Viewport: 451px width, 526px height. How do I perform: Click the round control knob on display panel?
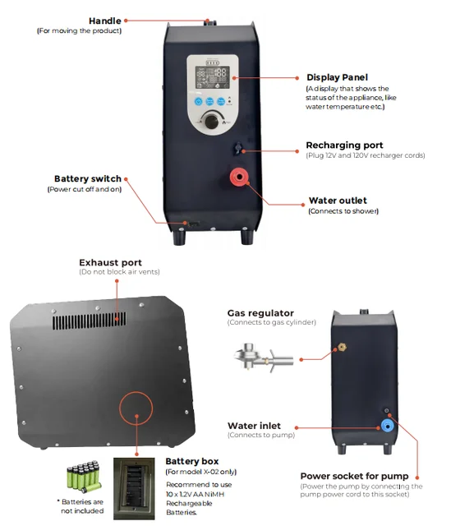coord(214,121)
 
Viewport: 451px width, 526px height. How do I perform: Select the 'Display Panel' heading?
coord(337,76)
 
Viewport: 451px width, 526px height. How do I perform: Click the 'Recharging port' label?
coord(344,145)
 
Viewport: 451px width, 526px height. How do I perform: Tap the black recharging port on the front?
coord(237,148)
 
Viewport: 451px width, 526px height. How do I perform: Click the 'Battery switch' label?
coord(88,178)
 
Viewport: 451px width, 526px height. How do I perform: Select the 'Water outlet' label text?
coord(338,201)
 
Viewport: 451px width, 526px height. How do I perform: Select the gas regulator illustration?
coord(262,358)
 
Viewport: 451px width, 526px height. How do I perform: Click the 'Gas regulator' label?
coord(260,312)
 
